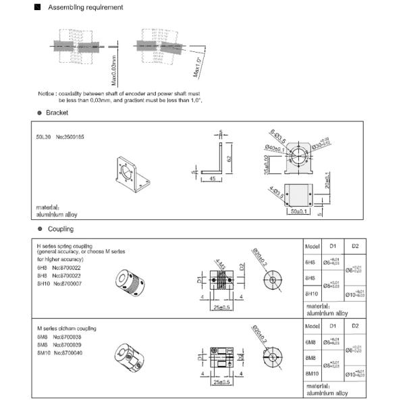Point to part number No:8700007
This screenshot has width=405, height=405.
tap(68, 283)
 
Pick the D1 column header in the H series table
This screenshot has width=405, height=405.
tap(331, 246)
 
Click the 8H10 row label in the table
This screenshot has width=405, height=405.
tap(311, 294)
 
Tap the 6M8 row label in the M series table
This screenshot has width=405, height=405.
tap(311, 343)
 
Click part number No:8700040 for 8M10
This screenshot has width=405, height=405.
tap(68, 353)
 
